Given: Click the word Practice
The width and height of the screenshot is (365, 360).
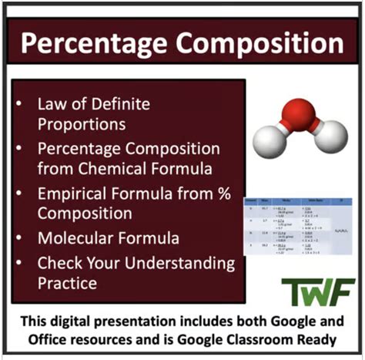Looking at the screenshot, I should (68, 283).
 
